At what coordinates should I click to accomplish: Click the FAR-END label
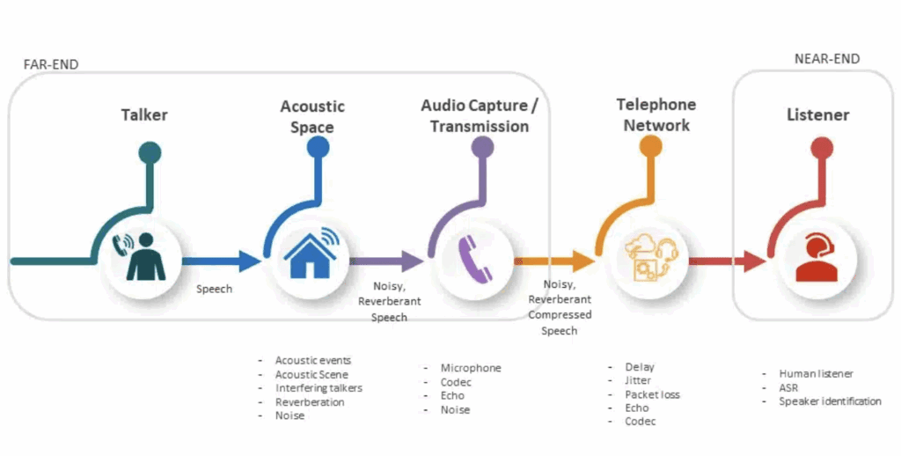point(50,64)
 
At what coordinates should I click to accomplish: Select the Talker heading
point(144,114)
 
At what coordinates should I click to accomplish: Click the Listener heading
point(817,115)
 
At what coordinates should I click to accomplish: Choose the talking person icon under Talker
point(143,257)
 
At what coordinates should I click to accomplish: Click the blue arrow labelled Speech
point(222,261)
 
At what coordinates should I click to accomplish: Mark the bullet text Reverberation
point(310,401)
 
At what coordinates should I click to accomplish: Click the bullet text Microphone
point(471,368)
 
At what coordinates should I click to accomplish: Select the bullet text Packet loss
point(652,394)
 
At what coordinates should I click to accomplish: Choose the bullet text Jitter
point(639,380)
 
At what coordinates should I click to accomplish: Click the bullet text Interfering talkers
point(319,387)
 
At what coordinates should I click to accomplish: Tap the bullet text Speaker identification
point(830,401)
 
